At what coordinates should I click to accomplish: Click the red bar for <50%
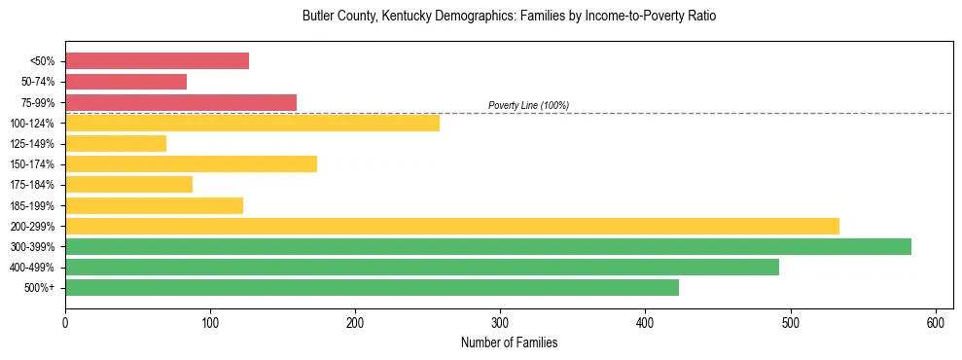pos(157,61)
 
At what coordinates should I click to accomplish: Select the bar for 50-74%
pos(125,82)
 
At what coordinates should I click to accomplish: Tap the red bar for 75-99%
pos(181,102)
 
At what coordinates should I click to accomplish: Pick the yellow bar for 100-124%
pos(252,123)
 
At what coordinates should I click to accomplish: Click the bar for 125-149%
pos(116,143)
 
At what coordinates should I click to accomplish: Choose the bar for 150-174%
pos(191,163)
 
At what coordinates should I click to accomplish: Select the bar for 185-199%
pos(154,205)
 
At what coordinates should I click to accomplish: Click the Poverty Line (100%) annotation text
pos(528,105)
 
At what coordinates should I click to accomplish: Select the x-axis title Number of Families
pos(509,342)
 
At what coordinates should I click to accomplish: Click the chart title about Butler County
pos(509,17)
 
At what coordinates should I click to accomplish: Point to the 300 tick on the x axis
pos(500,322)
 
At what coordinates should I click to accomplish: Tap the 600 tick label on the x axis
pos(936,322)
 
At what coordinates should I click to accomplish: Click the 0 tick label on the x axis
pos(65,322)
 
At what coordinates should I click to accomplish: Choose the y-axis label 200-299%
pos(32,226)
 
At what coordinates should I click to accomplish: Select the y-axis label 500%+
pos(39,287)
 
